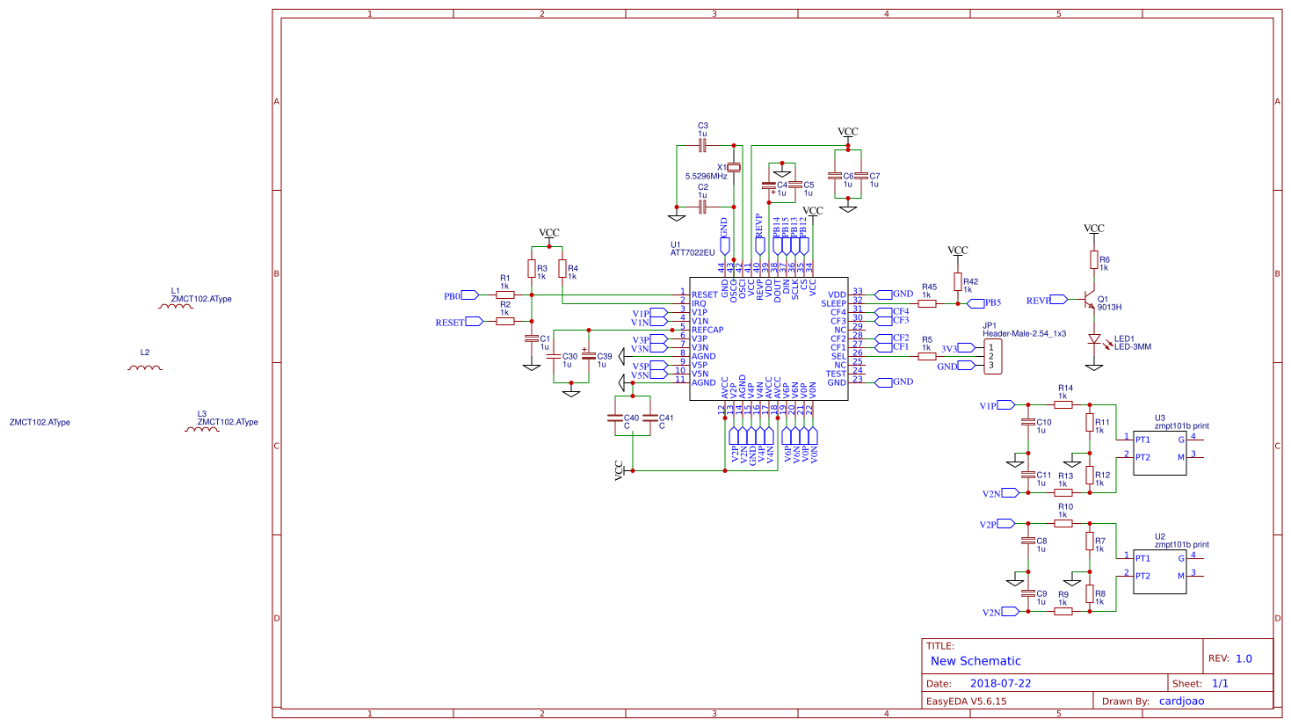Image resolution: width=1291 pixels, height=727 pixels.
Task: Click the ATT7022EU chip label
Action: click(693, 253)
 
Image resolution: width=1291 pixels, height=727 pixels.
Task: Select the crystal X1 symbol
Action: click(734, 167)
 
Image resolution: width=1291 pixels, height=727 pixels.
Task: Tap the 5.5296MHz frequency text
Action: click(707, 177)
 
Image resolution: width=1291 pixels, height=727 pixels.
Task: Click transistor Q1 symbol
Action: click(1090, 301)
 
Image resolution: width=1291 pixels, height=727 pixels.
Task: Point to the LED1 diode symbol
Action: click(1094, 339)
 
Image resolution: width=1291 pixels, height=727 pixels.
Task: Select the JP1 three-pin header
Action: click(992, 356)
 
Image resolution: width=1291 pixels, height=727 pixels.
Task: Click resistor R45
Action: click(927, 303)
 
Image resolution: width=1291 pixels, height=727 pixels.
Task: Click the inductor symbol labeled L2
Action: click(145, 367)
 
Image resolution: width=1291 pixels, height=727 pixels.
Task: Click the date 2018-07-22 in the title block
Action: click(1000, 683)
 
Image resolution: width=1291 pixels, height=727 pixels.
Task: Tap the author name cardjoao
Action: click(1181, 701)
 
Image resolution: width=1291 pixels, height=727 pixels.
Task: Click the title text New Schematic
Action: click(976, 661)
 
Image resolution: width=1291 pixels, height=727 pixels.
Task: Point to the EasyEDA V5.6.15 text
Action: click(967, 702)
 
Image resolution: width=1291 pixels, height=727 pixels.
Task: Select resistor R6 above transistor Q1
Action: click(1094, 259)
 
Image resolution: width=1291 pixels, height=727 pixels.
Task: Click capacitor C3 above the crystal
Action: click(702, 145)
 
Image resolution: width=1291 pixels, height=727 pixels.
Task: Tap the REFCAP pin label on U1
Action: click(707, 331)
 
